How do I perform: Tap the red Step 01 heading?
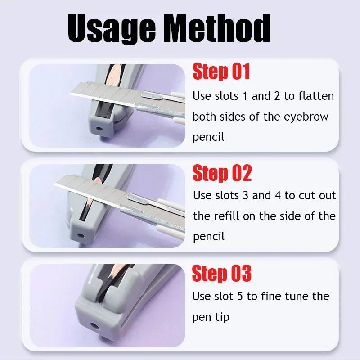tap(221, 72)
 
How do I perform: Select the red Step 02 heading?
tap(222, 173)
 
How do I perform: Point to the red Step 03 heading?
tap(221, 274)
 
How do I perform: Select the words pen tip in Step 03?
tap(211, 317)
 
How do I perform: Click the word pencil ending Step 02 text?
tap(208, 237)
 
